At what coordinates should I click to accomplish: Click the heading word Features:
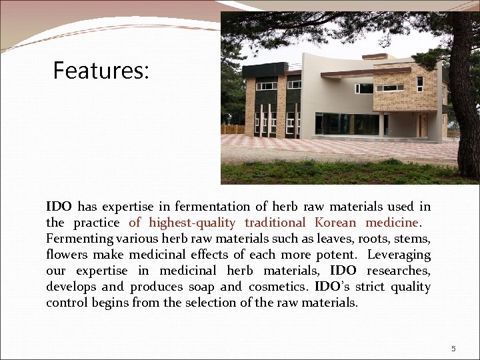[x=101, y=70]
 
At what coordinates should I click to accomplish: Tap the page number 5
[x=453, y=349]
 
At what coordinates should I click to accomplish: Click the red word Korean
[x=337, y=223]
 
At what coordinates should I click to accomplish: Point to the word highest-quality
[x=192, y=223]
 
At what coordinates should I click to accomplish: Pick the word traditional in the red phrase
[x=275, y=223]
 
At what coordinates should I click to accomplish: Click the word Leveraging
[x=399, y=255]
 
